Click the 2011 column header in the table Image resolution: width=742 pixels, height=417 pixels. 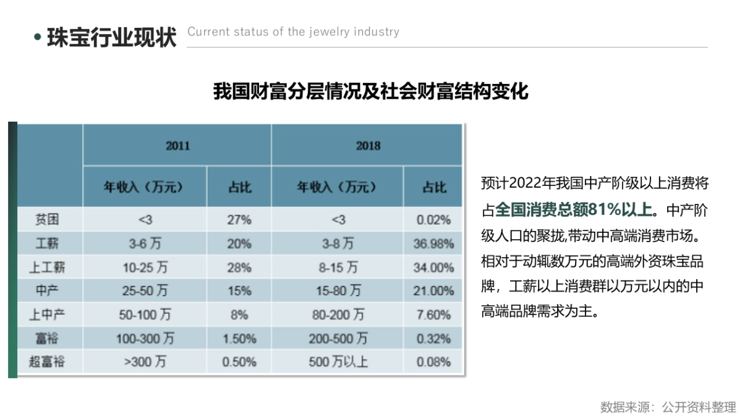177,146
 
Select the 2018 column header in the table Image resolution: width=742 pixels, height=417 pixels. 367,146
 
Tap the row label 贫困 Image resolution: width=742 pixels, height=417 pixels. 47,219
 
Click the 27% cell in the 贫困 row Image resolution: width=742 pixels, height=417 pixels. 239,220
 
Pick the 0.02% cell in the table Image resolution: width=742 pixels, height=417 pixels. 433,220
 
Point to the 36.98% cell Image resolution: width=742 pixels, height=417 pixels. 433,243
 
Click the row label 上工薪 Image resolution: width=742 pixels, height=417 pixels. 47,267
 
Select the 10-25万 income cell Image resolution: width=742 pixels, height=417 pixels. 145,267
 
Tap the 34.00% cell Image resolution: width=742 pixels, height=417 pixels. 433,267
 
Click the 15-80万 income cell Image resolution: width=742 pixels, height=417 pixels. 339,291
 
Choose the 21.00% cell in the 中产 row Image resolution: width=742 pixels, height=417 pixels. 433,291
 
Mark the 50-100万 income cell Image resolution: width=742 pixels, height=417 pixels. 145,315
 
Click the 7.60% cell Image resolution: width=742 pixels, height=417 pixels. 433,315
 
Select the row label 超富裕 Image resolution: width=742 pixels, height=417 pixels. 47,362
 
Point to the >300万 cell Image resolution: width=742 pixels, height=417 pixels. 145,362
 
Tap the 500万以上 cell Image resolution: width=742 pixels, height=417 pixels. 339,362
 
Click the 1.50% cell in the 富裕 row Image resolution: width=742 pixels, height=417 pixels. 239,339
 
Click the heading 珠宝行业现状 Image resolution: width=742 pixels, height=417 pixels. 111,36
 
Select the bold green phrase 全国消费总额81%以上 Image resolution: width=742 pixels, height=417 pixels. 574,209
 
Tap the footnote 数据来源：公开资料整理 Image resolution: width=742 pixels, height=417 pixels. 668,407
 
